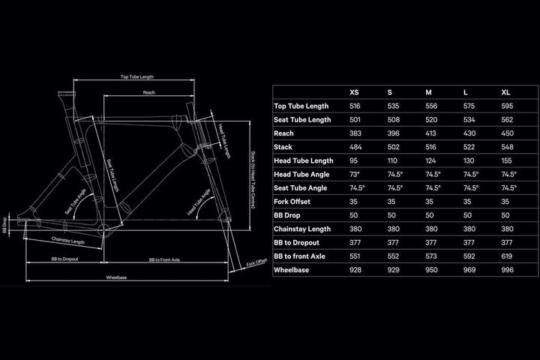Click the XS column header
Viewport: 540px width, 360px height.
pyautogui.click(x=354, y=92)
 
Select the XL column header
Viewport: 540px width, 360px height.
pyautogui.click(x=505, y=92)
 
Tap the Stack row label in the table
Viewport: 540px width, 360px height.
pyautogui.click(x=283, y=147)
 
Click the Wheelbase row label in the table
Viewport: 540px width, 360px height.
pyautogui.click(x=291, y=270)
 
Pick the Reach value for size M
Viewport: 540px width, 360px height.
pyautogui.click(x=430, y=133)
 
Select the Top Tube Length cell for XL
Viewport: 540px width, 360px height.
pyautogui.click(x=507, y=106)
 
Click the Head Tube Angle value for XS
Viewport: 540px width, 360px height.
pyautogui.click(x=354, y=174)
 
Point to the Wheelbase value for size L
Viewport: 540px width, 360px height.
pyautogui.click(x=469, y=270)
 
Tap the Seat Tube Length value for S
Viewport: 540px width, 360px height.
pyautogui.click(x=393, y=120)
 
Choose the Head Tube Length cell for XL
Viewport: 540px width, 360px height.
pyautogui.click(x=506, y=161)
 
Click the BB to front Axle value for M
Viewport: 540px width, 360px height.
pyautogui.click(x=430, y=256)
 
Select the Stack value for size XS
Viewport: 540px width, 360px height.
pyautogui.click(x=355, y=147)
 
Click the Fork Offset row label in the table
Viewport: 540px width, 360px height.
pyautogui.click(x=292, y=202)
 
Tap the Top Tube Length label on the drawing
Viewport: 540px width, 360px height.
pyautogui.click(x=137, y=76)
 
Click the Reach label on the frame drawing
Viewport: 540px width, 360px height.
pyautogui.click(x=148, y=92)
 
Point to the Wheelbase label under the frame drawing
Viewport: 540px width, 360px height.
pyautogui.click(x=116, y=277)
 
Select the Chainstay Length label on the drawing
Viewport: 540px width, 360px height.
pyautogui.click(x=67, y=241)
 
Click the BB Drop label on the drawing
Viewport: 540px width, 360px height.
pyautogui.click(x=4, y=225)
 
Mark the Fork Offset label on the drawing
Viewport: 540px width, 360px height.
pyautogui.click(x=256, y=262)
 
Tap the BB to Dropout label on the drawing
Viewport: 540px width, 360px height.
pyautogui.click(x=64, y=259)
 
